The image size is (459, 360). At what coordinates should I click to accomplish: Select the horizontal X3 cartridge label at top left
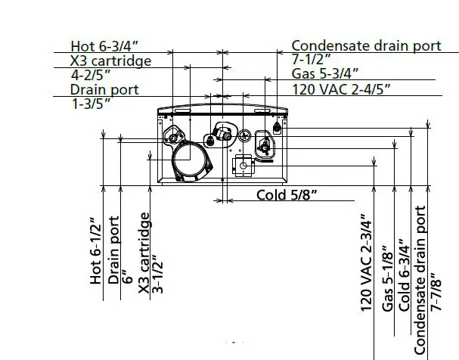tap(110, 61)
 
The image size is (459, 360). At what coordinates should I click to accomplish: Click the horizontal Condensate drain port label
tap(366, 45)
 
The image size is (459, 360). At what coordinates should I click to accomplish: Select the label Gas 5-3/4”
tap(325, 74)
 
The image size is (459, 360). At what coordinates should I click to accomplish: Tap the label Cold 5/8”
tap(286, 195)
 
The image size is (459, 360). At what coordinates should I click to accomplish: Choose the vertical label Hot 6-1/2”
tap(95, 250)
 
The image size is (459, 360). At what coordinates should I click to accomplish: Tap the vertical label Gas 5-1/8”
tap(387, 278)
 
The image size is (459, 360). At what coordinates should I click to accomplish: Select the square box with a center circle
tap(244, 164)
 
